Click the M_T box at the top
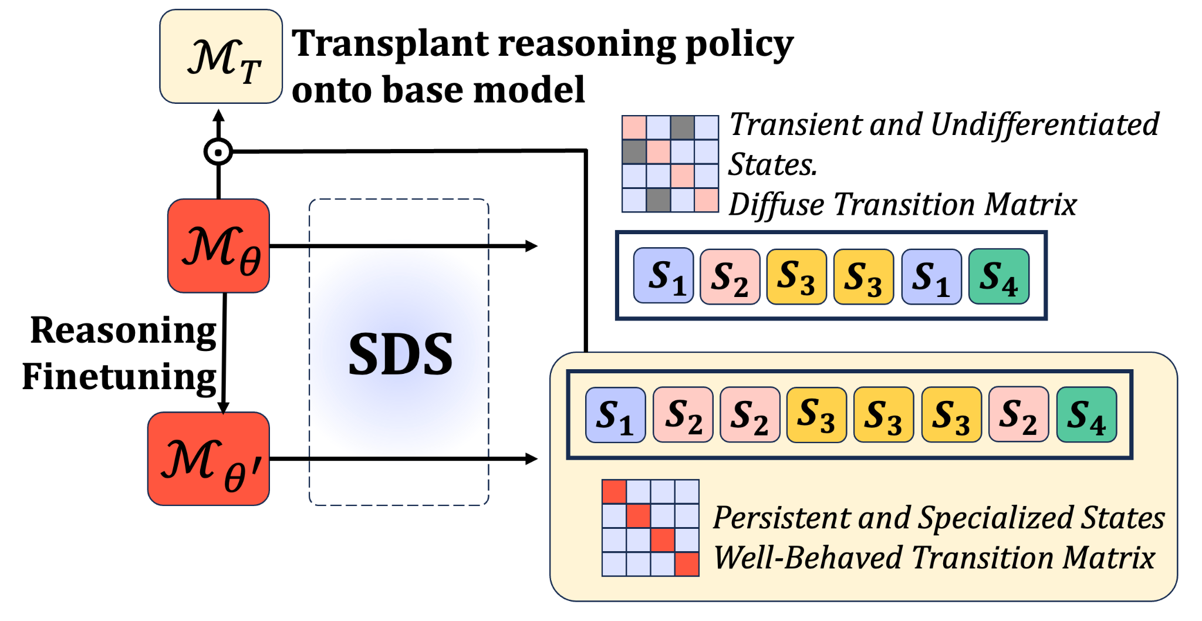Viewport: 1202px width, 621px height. [x=221, y=56]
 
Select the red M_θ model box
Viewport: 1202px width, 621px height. [x=218, y=246]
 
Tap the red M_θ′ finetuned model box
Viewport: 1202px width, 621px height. [x=208, y=458]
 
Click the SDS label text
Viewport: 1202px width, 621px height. [x=400, y=353]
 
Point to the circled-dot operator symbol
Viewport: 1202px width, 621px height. [x=218, y=152]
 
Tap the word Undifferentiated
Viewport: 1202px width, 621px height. [x=1045, y=125]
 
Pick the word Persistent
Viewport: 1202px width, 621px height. [x=781, y=518]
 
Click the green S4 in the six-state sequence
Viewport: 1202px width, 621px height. [x=998, y=276]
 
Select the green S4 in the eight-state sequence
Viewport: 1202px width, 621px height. [x=1086, y=414]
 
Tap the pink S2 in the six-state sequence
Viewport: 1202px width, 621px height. [x=730, y=276]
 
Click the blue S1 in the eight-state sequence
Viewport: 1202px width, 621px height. [x=615, y=414]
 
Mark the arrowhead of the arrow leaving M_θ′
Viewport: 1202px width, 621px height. [x=532, y=458]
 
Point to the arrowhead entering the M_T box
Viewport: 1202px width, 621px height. [x=218, y=116]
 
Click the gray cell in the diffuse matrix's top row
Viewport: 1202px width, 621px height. [x=683, y=127]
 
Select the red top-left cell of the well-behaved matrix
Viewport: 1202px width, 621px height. [x=614, y=492]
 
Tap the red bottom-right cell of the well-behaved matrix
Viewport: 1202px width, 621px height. [x=687, y=564]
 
